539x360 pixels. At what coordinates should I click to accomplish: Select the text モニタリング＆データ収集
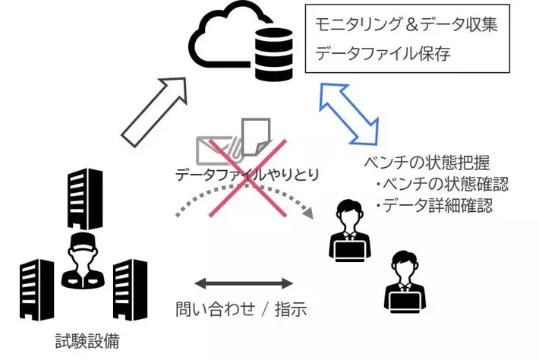point(406,24)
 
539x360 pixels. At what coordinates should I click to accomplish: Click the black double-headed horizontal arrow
point(244,284)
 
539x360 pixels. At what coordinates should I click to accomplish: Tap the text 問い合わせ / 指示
point(241,310)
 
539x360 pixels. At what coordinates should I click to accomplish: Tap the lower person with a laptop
point(403,280)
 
